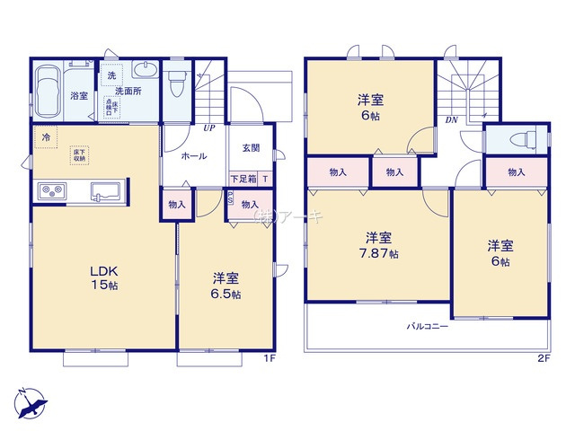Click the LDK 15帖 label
pyautogui.click(x=102, y=277)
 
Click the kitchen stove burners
pyautogui.click(x=51, y=191)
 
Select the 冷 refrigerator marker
pyautogui.click(x=45, y=137)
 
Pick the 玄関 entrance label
pyautogui.click(x=251, y=149)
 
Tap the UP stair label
pyautogui.click(x=208, y=128)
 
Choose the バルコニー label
pyautogui.click(x=427, y=326)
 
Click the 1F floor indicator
pyautogui.click(x=269, y=359)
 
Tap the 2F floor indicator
pyautogui.click(x=542, y=359)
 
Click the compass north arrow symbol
pyautogui.click(x=32, y=402)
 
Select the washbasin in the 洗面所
pyautogui.click(x=142, y=71)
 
